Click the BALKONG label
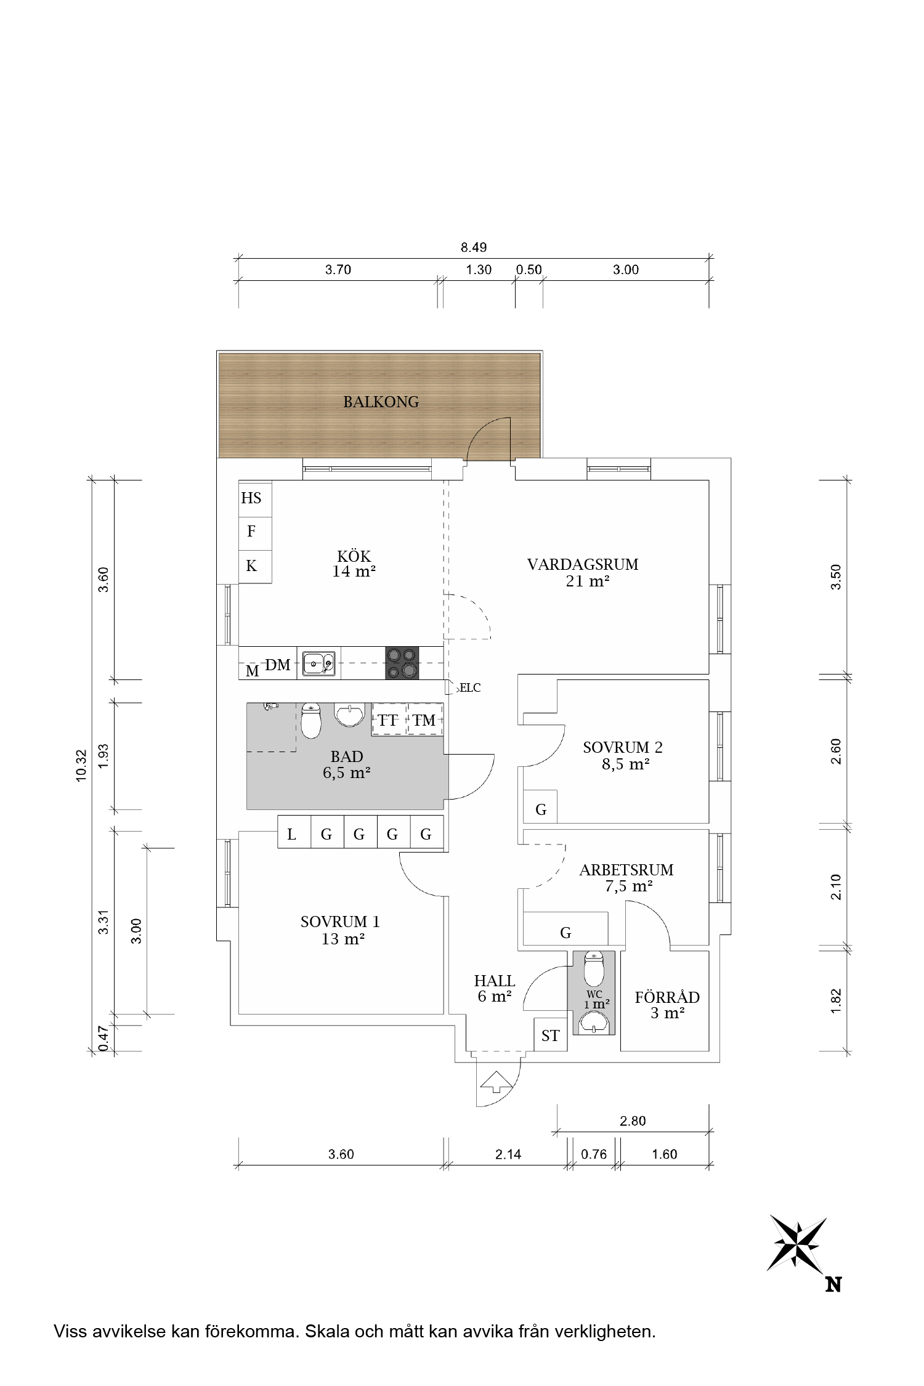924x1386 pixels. tap(381, 402)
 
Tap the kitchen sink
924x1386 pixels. tap(319, 663)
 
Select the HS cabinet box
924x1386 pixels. tap(255, 498)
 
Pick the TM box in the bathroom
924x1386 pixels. tap(425, 719)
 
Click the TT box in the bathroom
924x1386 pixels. tap(389, 719)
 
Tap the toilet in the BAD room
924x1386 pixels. tap(312, 721)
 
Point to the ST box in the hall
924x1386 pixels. tap(550, 1035)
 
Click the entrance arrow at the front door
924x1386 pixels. tap(496, 1081)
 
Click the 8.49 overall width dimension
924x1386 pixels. tap(474, 248)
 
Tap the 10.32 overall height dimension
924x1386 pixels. tap(81, 766)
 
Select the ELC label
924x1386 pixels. tap(470, 688)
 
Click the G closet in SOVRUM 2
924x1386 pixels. tap(540, 806)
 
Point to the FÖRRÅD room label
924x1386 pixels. tap(667, 997)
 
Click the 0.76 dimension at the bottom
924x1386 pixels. tap(594, 1154)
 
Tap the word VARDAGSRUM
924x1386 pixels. tap(583, 564)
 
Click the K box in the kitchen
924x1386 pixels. tap(255, 566)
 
